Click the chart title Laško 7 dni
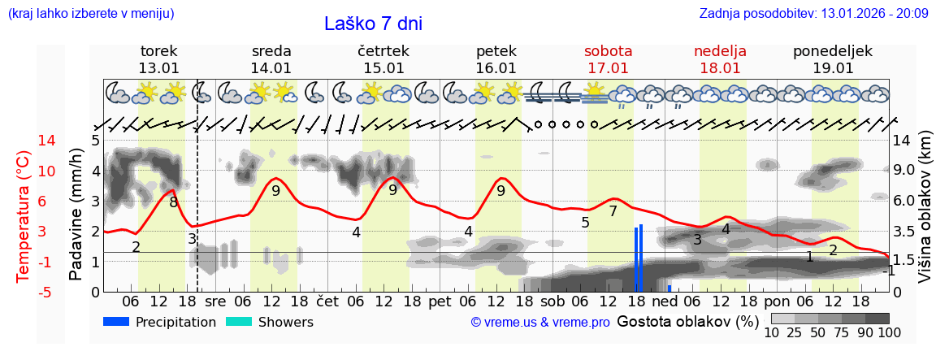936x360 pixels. (x=373, y=24)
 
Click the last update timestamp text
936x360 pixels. (x=813, y=14)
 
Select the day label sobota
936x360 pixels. (x=608, y=51)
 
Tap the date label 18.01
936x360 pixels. (x=720, y=68)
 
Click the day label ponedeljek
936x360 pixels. (x=833, y=51)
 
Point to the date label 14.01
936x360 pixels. (x=271, y=68)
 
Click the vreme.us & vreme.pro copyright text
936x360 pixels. (x=539, y=323)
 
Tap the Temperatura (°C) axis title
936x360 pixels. (x=24, y=215)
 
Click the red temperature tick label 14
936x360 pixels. (x=24, y=141)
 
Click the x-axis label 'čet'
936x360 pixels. (x=327, y=301)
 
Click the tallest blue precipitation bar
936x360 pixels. (x=641, y=258)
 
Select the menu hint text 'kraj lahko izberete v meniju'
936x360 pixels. (x=91, y=14)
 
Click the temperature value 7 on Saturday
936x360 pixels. (x=613, y=211)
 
